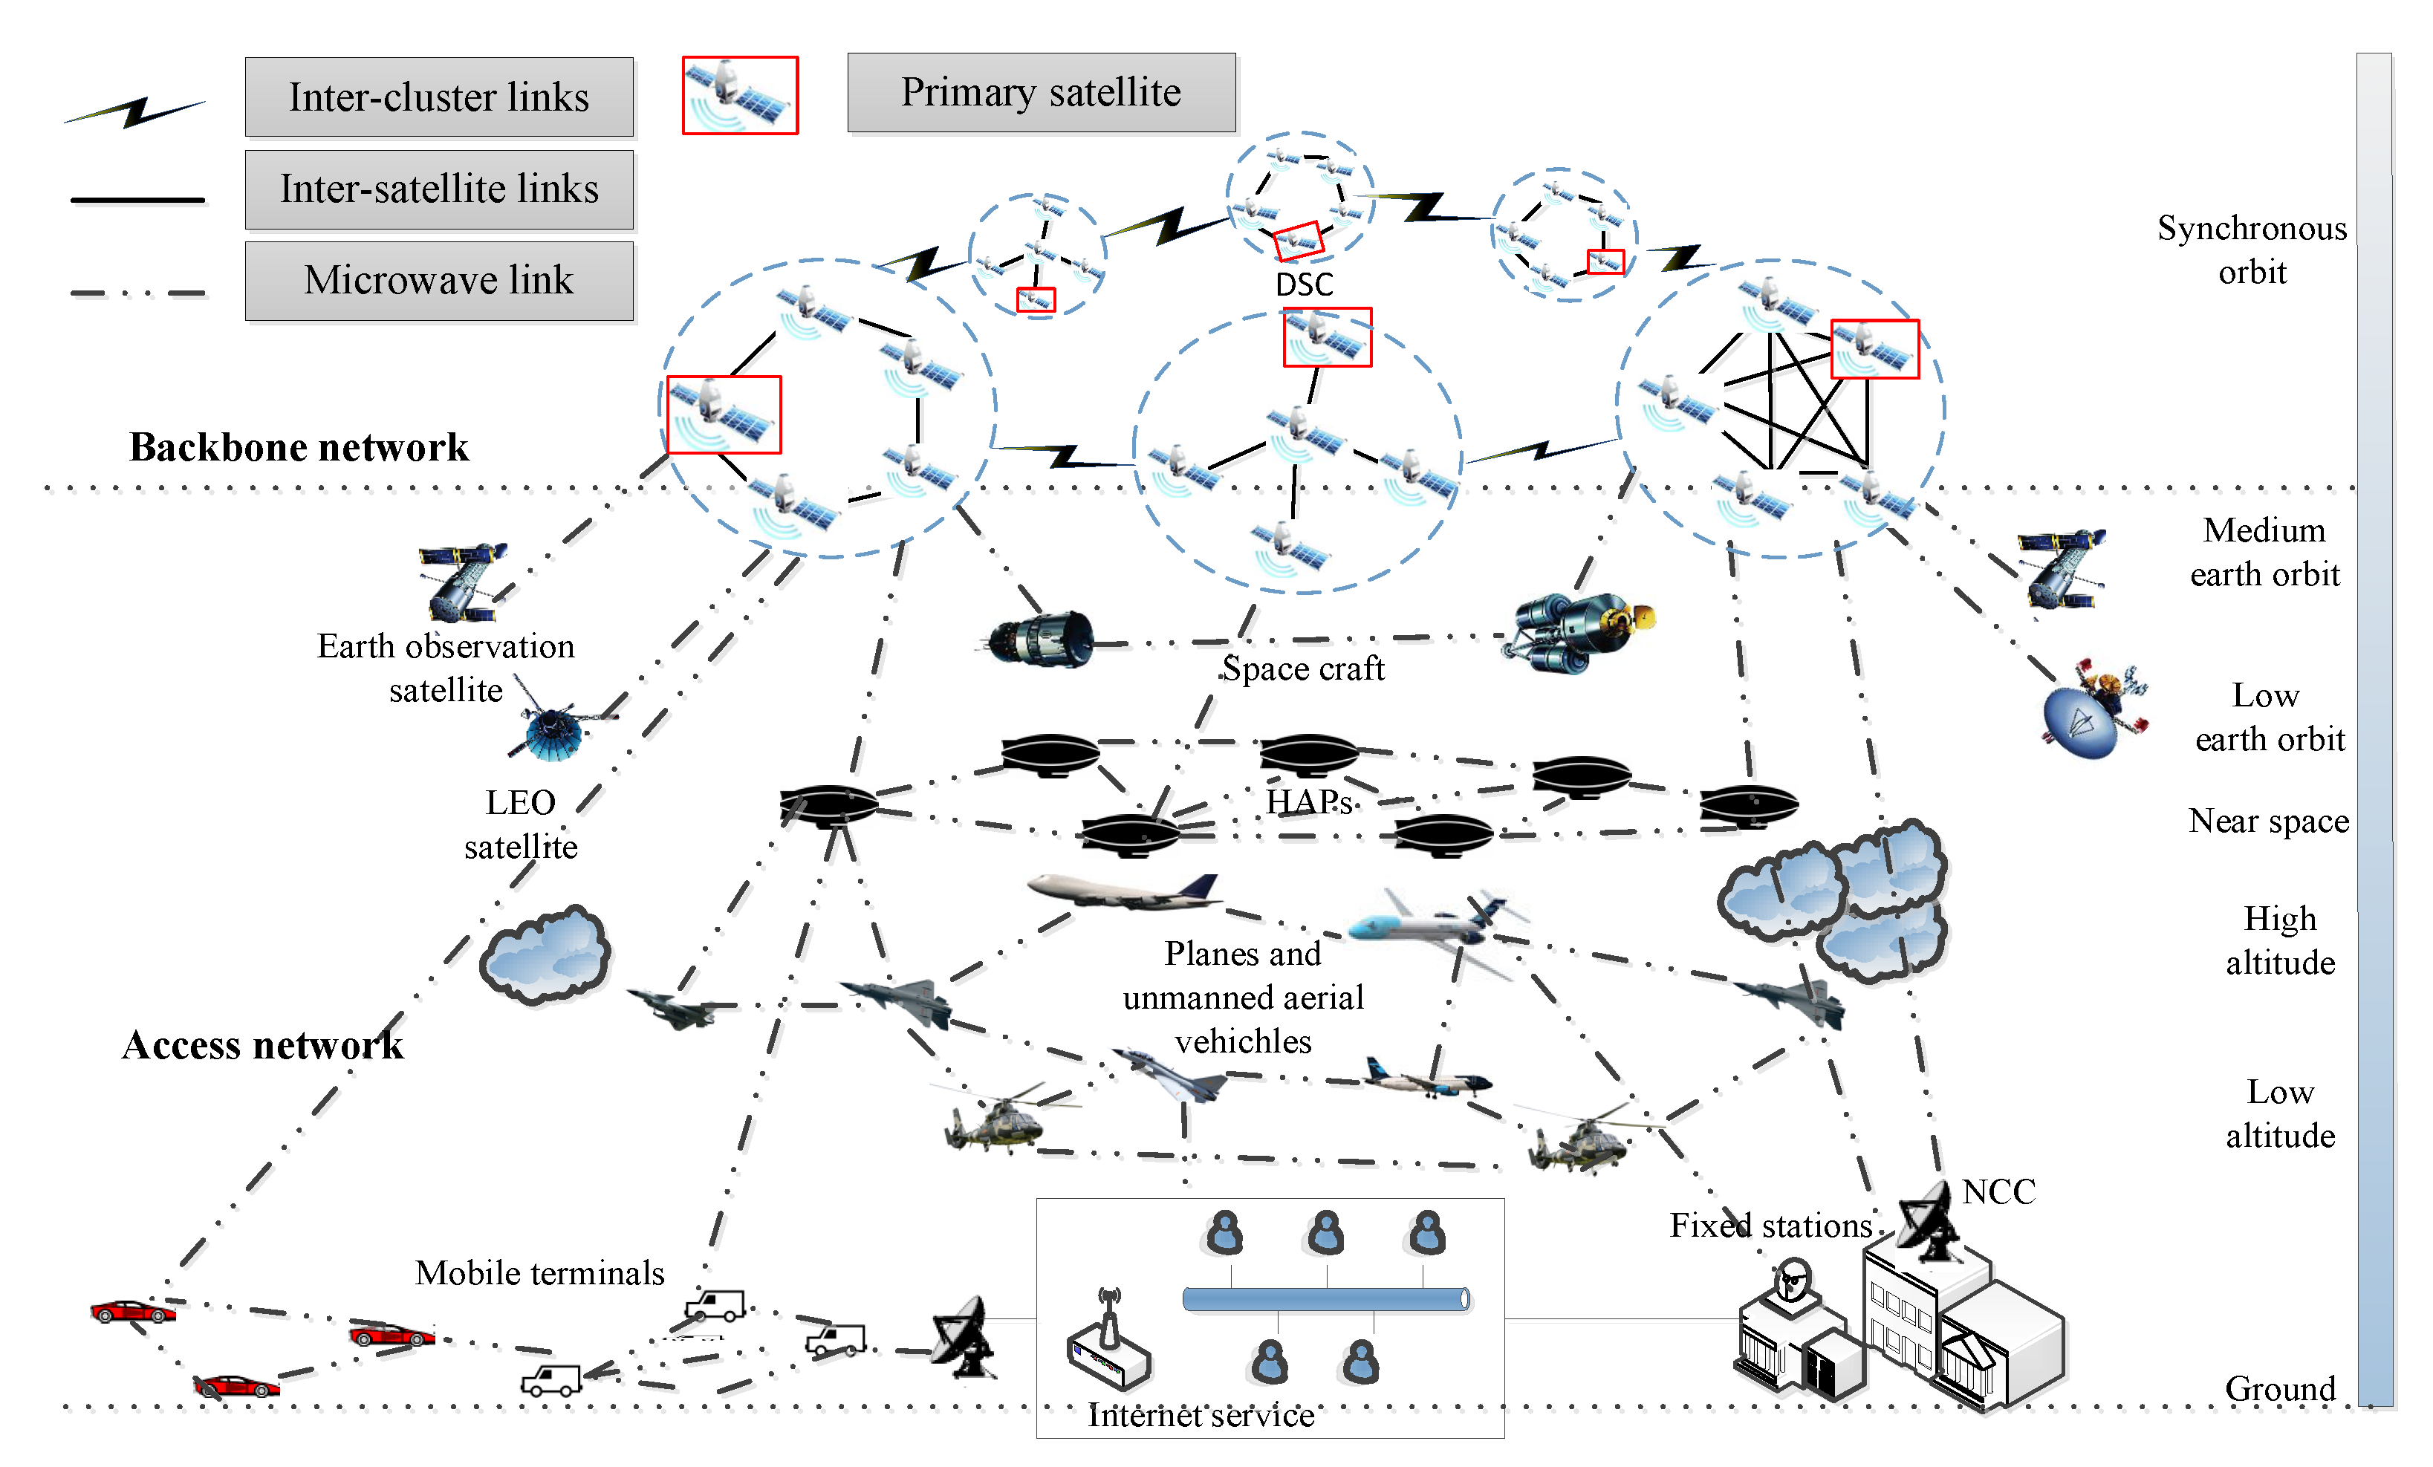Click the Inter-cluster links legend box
tap(438, 97)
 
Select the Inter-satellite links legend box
tap(438, 189)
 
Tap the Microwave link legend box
tap(438, 280)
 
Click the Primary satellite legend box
tap(1041, 92)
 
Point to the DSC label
tap(1303, 284)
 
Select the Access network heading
tap(263, 1044)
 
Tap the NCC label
tap(1998, 1191)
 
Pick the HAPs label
tap(1308, 801)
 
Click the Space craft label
tap(1303, 669)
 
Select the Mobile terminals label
tap(539, 1272)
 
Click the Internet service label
tap(1201, 1415)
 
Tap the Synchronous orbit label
tap(2251, 249)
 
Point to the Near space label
tap(2268, 820)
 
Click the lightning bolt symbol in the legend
tap(135, 111)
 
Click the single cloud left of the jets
tap(545, 956)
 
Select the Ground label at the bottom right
tap(2279, 1388)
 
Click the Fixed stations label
tap(1770, 1225)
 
